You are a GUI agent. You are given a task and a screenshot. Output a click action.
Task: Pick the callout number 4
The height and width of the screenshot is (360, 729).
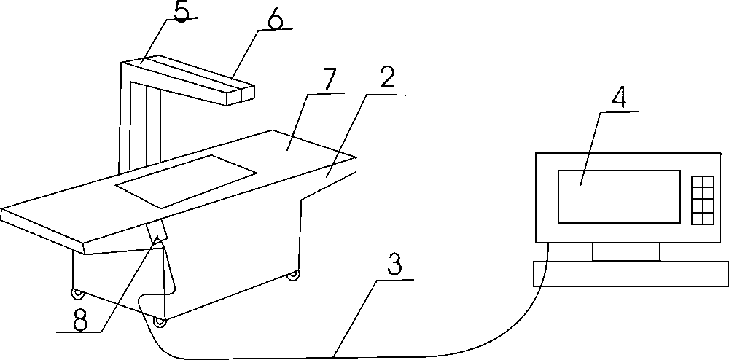(x=617, y=98)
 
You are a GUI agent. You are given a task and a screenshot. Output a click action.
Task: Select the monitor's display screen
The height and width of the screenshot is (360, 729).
(x=619, y=197)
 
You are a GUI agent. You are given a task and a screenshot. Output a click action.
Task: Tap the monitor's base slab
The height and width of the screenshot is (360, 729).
(x=631, y=274)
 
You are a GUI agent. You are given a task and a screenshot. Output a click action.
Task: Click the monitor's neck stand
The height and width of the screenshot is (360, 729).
(x=625, y=252)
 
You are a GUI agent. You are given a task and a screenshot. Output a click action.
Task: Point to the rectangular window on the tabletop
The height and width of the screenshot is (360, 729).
(x=187, y=180)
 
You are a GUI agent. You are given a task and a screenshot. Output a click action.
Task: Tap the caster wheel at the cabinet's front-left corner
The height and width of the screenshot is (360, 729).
(x=76, y=295)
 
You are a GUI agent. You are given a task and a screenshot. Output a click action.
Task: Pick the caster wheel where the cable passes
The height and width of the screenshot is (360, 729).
(x=159, y=321)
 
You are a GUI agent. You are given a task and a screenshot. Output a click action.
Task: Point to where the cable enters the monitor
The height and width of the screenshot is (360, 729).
(x=546, y=244)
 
